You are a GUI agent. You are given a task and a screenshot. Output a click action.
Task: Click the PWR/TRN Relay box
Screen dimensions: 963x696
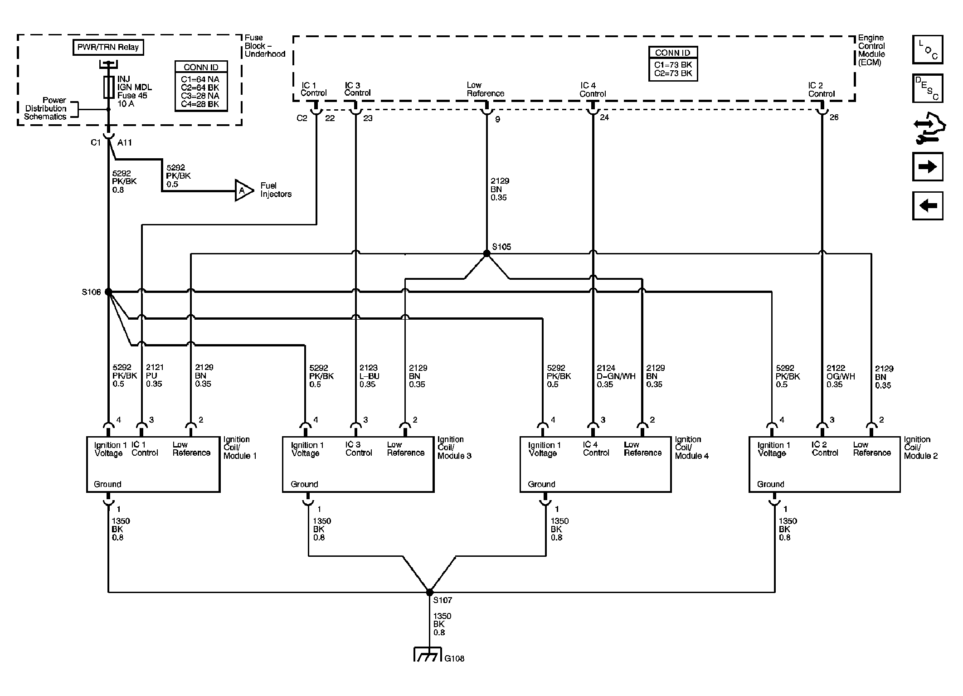click(x=108, y=47)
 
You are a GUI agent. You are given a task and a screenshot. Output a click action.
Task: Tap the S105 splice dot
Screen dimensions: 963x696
click(x=486, y=254)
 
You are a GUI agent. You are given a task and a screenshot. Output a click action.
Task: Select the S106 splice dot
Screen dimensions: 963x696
click(x=108, y=292)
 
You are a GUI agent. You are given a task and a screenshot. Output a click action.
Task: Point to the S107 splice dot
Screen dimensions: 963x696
click(x=429, y=592)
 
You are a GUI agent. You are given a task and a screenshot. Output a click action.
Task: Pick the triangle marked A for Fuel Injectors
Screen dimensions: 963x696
click(x=243, y=191)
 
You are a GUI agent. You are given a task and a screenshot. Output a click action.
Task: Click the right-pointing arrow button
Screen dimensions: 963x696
click(x=928, y=167)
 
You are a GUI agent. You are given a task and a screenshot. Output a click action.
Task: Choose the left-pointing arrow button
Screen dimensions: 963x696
click(x=928, y=206)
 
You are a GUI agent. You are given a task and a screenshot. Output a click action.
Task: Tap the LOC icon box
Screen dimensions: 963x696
click(x=928, y=49)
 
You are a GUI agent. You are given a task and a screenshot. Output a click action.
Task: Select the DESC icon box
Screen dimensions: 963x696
click(x=928, y=88)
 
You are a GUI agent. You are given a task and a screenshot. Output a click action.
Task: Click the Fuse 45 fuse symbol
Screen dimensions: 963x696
click(x=108, y=88)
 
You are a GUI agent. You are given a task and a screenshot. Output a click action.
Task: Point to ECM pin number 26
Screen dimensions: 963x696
click(x=834, y=117)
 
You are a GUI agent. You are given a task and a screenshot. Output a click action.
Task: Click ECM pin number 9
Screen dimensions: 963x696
click(x=497, y=119)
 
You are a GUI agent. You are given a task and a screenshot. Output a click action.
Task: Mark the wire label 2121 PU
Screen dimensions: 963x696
click(x=154, y=375)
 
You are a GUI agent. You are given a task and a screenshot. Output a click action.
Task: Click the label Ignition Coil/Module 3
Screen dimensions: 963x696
click(x=454, y=448)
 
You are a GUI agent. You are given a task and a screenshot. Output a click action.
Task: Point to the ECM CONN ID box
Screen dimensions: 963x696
click(x=673, y=64)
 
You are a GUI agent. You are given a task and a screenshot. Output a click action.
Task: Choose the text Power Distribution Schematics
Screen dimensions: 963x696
click(x=45, y=108)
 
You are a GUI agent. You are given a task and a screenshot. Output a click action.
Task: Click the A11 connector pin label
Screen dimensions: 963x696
click(x=125, y=142)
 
